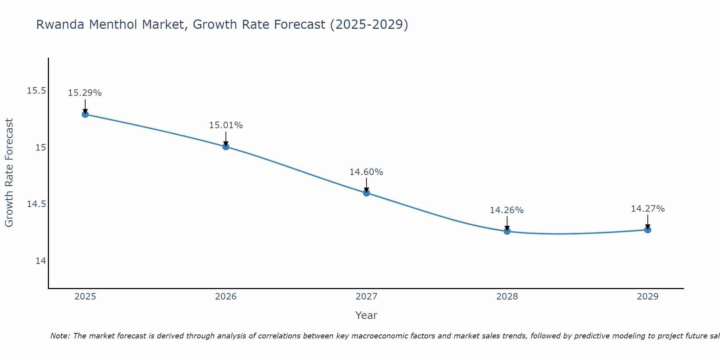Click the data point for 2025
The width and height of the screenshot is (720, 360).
pyautogui.click(x=85, y=114)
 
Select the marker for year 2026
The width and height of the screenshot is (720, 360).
pyautogui.click(x=226, y=147)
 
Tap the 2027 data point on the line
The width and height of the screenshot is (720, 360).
pyautogui.click(x=366, y=193)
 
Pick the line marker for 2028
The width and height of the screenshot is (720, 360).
pyautogui.click(x=507, y=231)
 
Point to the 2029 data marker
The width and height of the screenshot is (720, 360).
pyautogui.click(x=648, y=230)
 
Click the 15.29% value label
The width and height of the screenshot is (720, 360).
pyautogui.click(x=85, y=93)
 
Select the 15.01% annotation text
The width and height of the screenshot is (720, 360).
pyautogui.click(x=226, y=125)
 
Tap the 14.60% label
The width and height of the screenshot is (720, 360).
pyautogui.click(x=366, y=172)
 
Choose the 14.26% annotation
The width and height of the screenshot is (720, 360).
pyautogui.click(x=507, y=210)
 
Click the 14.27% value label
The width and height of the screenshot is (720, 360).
pyautogui.click(x=648, y=209)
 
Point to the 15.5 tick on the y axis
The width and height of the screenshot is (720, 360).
pyautogui.click(x=37, y=91)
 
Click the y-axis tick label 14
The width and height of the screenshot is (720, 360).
pyautogui.click(x=41, y=261)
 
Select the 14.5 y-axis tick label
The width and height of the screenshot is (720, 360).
pyautogui.click(x=37, y=204)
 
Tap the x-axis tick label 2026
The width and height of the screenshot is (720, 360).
pyautogui.click(x=226, y=297)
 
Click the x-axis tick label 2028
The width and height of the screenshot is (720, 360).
pyautogui.click(x=507, y=297)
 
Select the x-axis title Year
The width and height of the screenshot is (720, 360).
pyautogui.click(x=366, y=315)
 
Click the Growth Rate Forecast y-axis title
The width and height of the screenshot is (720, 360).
pyautogui.click(x=9, y=173)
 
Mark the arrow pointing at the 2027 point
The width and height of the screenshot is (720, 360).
pyautogui.click(x=366, y=185)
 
